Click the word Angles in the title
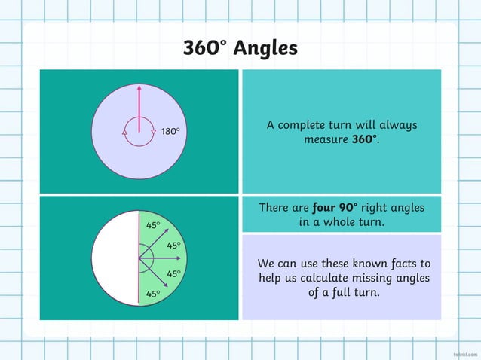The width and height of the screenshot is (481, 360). (x=265, y=48)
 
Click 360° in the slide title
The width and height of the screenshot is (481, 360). (x=205, y=48)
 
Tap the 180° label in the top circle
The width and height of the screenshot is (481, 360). (x=170, y=132)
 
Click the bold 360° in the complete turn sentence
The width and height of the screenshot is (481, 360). (x=365, y=140)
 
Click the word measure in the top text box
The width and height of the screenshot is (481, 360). (x=326, y=140)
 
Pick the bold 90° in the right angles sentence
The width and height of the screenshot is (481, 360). (x=348, y=207)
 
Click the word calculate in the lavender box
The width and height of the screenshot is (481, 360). (x=335, y=279)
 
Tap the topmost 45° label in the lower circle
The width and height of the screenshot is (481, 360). (x=153, y=225)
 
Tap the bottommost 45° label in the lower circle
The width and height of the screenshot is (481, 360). (x=153, y=294)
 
